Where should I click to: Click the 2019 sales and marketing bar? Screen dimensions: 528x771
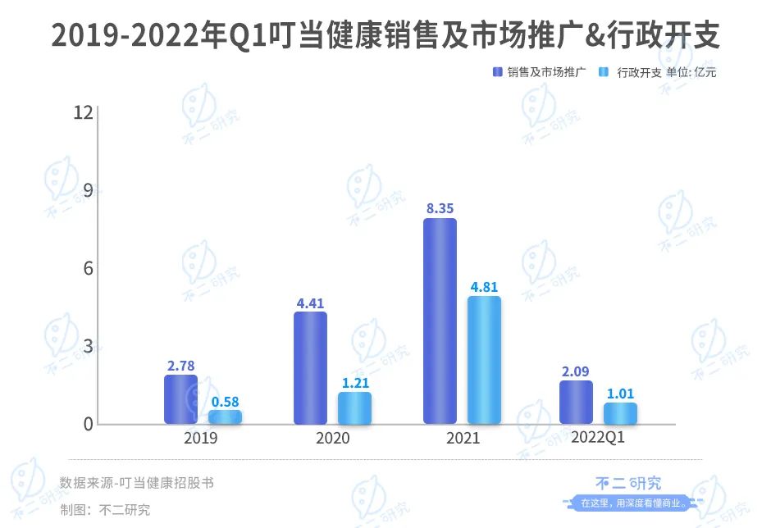tap(180, 399)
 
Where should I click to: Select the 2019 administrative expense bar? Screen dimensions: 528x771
tap(225, 416)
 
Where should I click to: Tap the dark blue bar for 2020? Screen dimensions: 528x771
tap(310, 368)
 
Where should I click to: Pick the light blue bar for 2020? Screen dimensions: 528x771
tap(354, 407)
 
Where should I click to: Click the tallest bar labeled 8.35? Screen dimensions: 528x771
tap(440, 321)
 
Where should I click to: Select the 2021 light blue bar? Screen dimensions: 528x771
tap(484, 360)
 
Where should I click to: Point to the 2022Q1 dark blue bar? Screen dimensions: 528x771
tap(576, 402)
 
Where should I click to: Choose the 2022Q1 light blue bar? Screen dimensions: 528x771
tap(620, 413)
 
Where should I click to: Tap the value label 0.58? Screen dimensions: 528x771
tap(225, 402)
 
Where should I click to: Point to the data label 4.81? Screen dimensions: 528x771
tap(484, 288)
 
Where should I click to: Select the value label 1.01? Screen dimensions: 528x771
tap(620, 394)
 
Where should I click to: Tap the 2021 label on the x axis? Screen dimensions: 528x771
tap(463, 439)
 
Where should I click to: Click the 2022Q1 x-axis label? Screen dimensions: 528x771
tap(598, 438)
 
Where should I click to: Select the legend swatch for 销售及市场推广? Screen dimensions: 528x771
tap(497, 72)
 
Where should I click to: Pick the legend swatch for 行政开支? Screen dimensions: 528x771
tap(604, 72)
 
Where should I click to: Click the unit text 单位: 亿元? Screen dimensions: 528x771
tap(691, 72)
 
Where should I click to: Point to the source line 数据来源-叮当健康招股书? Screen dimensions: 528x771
tap(136, 483)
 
